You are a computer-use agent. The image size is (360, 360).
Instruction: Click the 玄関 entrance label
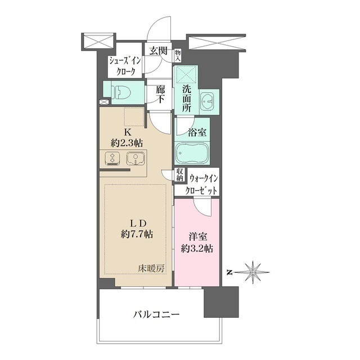158,50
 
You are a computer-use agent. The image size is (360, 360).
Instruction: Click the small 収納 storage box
179,174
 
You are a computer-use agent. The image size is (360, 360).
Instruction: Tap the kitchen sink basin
135,159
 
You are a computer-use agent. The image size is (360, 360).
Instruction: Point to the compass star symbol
254,272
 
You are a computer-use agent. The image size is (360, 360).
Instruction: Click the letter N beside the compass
229,273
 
